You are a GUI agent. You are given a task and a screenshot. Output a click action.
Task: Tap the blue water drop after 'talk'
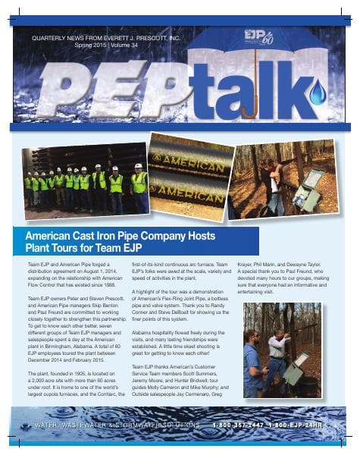click(x=316, y=94)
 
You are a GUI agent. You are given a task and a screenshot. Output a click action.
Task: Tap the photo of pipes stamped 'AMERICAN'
click(x=190, y=174)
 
